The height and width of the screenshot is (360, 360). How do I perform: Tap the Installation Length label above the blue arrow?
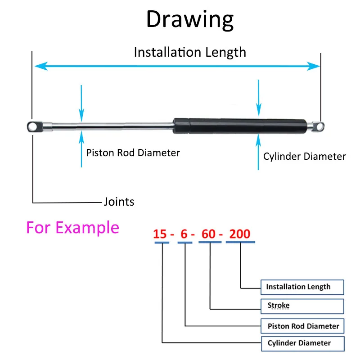[x=190, y=52]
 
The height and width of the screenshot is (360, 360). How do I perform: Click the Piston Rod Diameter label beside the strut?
[x=133, y=153]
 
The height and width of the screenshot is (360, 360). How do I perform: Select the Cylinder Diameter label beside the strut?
[x=305, y=157]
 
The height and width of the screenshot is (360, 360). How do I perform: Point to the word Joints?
[x=119, y=202]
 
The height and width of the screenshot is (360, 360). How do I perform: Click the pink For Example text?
[x=72, y=227]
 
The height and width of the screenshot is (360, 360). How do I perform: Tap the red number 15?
[x=160, y=234]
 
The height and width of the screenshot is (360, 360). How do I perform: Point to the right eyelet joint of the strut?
[x=319, y=126]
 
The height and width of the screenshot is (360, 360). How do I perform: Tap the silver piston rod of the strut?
[x=112, y=126]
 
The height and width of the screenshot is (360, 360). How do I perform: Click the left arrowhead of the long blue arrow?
[x=39, y=66]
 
